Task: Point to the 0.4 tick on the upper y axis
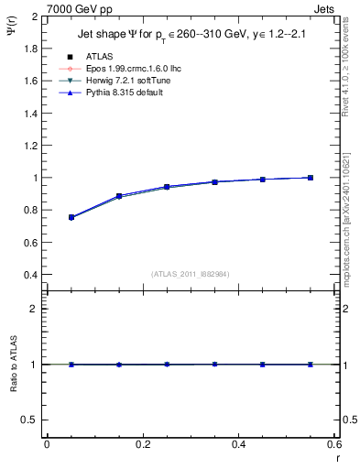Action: pos(30,275)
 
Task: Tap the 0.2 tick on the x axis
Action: pos(143,445)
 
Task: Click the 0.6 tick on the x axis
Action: pos(335,445)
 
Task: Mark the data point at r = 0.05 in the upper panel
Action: pos(71,217)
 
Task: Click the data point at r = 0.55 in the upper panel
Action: pos(311,178)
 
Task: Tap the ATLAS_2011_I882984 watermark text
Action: pos(191,274)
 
